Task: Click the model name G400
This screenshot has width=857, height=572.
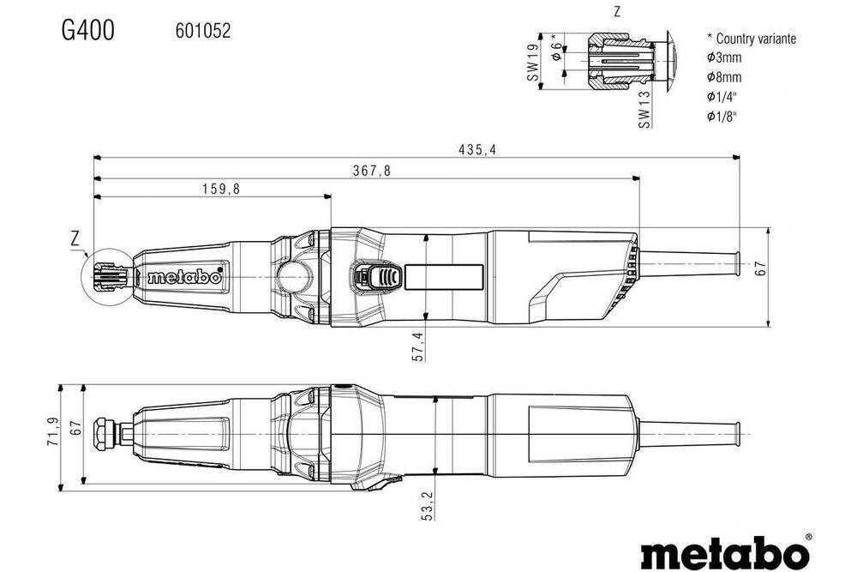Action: [x=87, y=30]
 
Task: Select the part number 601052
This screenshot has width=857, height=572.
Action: [x=203, y=31]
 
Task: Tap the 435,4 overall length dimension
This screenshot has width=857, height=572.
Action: [x=478, y=149]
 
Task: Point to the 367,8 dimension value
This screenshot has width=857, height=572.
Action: [x=371, y=171]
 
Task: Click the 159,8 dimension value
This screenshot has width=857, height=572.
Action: [x=220, y=190]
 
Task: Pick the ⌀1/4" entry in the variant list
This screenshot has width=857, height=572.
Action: [x=722, y=96]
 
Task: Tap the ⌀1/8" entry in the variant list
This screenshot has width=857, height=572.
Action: [x=722, y=116]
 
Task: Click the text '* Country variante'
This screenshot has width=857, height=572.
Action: [x=751, y=39]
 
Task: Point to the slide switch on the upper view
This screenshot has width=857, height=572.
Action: [x=376, y=277]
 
